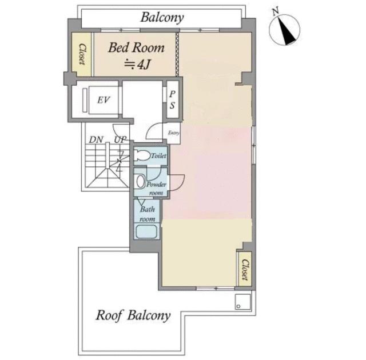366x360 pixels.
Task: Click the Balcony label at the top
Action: click(162, 18)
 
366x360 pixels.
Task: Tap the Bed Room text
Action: click(136, 47)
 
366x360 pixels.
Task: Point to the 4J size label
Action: click(137, 65)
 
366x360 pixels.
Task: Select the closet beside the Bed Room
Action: click(81, 54)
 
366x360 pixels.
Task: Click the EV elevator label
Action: click(104, 100)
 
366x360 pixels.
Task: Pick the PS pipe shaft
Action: click(173, 99)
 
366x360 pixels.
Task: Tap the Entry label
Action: click(174, 133)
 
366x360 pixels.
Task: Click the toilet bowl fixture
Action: click(142, 155)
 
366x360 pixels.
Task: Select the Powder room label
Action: click(156, 189)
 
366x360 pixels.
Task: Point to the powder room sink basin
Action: click(141, 182)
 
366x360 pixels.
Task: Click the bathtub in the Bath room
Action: click(146, 231)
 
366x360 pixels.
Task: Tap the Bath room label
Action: click(148, 214)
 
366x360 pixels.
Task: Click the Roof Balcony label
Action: click(133, 315)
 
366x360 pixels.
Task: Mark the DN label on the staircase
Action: click(96, 140)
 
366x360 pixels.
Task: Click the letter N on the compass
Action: click(276, 11)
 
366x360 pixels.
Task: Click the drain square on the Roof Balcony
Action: click(242, 302)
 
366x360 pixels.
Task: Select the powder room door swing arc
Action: click(179, 184)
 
